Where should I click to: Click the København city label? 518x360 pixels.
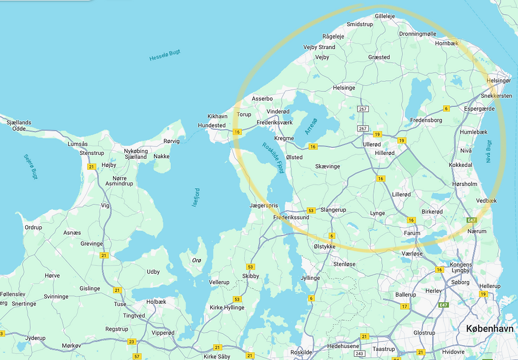[x=490, y=329]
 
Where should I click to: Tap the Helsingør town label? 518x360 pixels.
[x=499, y=81]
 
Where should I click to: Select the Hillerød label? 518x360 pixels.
[x=384, y=153]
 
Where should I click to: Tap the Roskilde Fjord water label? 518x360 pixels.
[x=273, y=158]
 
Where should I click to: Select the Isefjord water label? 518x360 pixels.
[x=195, y=197]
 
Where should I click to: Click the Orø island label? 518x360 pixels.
[x=197, y=260]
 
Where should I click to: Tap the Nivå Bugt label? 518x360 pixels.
[x=489, y=151]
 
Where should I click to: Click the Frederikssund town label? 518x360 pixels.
[x=291, y=218]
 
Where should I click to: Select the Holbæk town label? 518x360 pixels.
[x=156, y=301]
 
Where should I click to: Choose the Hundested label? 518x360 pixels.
[x=211, y=125]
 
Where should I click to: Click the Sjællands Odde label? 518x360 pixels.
[x=19, y=125]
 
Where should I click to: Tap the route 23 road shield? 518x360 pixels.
[x=131, y=341]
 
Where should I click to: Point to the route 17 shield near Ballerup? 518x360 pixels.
[x=404, y=307]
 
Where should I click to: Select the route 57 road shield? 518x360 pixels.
[x=136, y=356]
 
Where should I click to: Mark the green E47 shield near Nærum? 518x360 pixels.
[x=472, y=220]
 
